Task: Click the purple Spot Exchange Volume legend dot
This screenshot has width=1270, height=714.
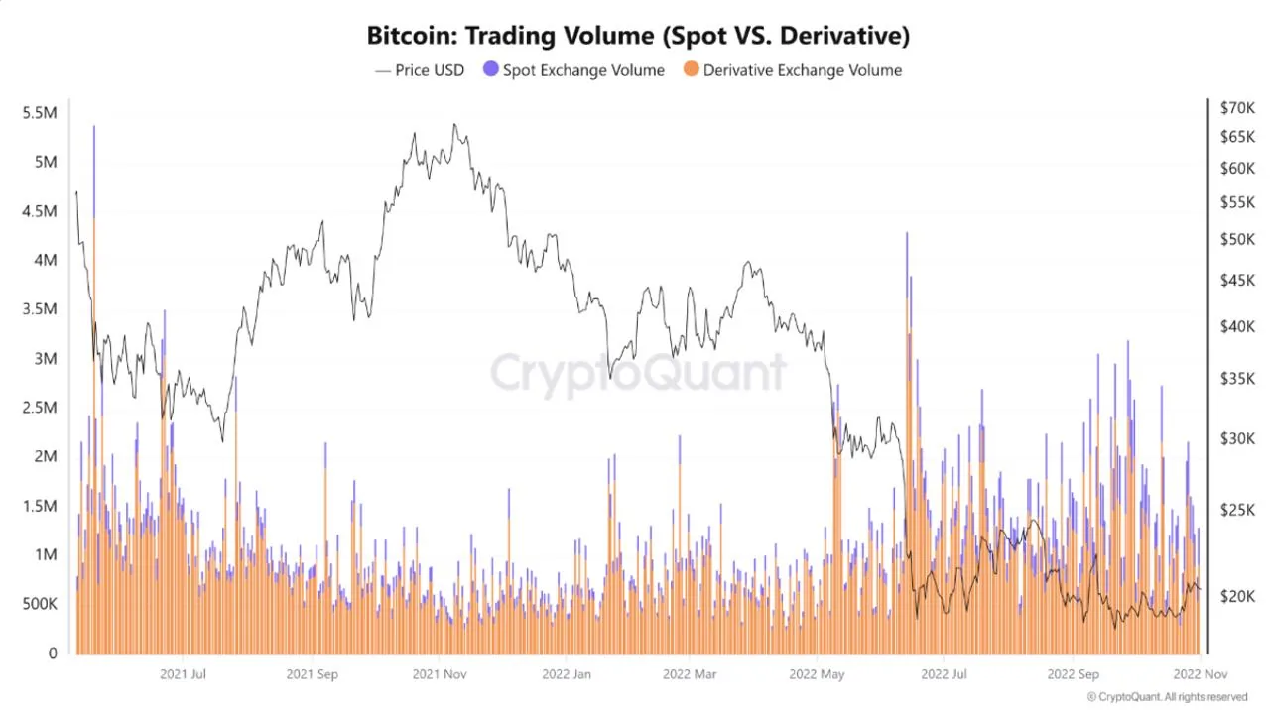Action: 490,70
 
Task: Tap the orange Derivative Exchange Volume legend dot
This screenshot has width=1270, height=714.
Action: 691,70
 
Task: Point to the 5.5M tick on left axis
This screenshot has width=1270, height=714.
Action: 39,113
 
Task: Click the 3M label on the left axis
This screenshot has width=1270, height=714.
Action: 46,358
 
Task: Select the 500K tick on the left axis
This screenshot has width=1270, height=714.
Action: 39,604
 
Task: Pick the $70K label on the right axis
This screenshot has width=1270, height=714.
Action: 1237,107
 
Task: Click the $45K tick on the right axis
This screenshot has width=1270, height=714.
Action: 1237,281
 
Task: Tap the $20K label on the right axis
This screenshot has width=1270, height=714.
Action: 1237,596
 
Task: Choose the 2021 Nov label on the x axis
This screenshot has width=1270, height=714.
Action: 440,674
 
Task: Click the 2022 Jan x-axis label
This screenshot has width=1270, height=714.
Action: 567,674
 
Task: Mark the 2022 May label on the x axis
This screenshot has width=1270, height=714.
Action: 817,674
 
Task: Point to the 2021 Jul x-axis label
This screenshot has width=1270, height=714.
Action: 184,674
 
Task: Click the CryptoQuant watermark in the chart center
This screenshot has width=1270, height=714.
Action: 638,374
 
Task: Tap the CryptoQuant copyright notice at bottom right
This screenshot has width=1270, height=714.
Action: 1167,697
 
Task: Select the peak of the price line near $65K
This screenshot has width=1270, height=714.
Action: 454,125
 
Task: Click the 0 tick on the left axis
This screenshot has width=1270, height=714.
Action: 52,654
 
